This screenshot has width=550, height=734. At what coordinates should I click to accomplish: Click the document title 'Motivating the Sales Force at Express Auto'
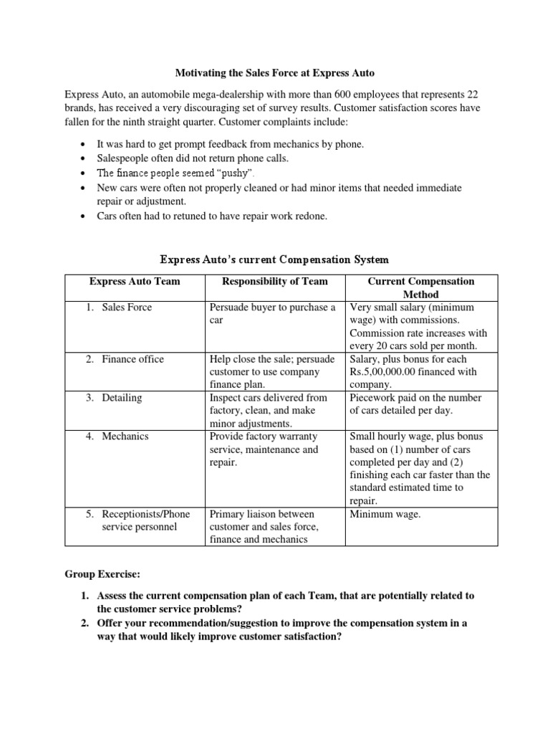coord(275,73)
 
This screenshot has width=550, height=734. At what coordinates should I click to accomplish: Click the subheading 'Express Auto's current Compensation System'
coord(275,258)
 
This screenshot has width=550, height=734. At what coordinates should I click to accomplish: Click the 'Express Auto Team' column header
coord(135,282)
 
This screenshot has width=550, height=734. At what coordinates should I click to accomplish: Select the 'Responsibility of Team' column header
coord(275,282)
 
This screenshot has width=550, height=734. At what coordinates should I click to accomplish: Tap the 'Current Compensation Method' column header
coord(420,287)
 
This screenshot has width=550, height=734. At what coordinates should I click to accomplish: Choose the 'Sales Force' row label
coord(127,308)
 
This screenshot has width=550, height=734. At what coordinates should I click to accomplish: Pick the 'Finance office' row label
coord(132,359)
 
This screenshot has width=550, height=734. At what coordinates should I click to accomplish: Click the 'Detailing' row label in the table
coord(122,398)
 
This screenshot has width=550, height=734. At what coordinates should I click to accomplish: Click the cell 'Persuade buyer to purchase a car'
coord(272,314)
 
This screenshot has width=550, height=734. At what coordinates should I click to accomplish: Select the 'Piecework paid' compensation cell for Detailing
coord(415,404)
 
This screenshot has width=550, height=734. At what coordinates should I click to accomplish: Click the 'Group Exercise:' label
coord(100,574)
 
